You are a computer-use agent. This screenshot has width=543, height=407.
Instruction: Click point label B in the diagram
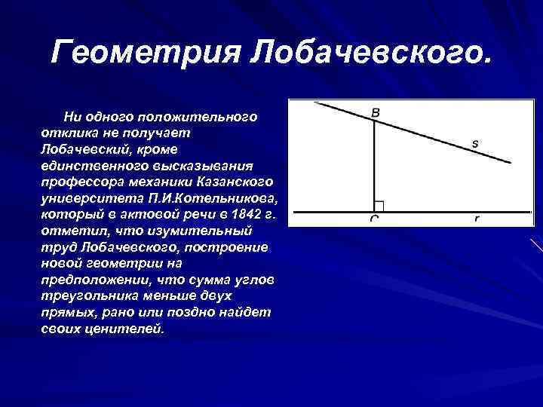point(376,113)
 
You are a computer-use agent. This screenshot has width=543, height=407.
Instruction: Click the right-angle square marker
point(379,206)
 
